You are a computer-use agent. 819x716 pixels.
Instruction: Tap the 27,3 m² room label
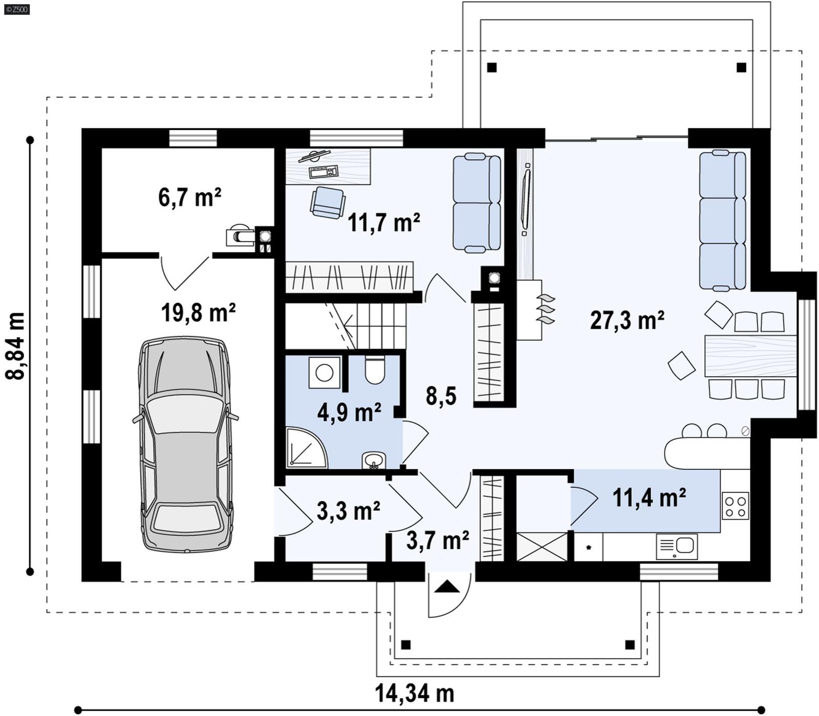coord(627,320)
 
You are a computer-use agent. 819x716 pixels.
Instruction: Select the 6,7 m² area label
coord(189,198)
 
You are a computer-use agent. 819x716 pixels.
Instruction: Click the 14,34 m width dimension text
coord(415,693)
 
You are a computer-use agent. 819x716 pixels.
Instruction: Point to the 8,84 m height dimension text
coord(15,345)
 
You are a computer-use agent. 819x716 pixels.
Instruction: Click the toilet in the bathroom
coord(375,370)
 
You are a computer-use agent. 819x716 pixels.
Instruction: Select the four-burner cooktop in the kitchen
coord(736,505)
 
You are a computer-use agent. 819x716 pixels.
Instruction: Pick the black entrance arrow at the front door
coord(447,587)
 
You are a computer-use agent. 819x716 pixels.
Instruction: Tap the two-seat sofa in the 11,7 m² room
coord(477,203)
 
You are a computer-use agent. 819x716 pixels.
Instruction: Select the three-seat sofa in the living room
coord(723,220)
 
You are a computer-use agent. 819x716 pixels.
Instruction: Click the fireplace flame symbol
coord(545,310)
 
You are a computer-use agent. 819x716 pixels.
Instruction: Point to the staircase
coord(358,325)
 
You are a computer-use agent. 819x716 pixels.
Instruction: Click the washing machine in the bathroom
coord(325,372)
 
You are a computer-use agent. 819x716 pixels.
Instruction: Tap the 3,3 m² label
coord(348,511)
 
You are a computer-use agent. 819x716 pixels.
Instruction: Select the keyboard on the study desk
coord(324,171)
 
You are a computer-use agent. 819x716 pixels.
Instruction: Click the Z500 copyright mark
coord(16,9)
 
